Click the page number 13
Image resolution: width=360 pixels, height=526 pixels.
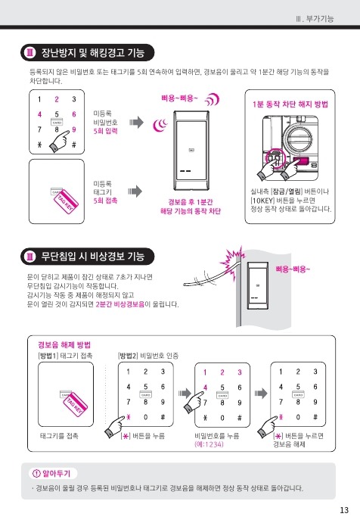344,510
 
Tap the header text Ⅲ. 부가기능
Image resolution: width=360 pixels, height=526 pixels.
315,19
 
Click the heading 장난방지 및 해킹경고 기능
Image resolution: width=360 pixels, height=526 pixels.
93,53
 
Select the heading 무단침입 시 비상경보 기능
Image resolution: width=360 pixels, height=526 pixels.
93,257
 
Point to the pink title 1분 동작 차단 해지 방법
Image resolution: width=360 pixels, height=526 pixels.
290,104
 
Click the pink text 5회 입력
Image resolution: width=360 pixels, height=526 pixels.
105,131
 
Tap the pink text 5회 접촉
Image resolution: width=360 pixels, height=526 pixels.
105,201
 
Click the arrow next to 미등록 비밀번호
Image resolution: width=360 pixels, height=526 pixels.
136,123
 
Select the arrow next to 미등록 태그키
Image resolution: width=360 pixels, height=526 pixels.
135,191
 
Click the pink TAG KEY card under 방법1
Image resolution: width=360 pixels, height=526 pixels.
75,403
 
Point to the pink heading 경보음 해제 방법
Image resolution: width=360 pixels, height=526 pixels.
64,345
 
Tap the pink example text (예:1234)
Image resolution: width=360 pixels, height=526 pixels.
209,444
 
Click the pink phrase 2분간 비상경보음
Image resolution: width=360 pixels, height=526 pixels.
120,304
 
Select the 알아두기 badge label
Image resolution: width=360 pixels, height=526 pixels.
56,473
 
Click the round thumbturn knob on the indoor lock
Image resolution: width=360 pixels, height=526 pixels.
296,139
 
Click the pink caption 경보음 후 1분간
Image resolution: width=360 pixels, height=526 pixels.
191,202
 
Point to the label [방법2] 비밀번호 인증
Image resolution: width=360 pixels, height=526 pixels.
148,356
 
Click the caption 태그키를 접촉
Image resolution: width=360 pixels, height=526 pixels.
59,436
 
